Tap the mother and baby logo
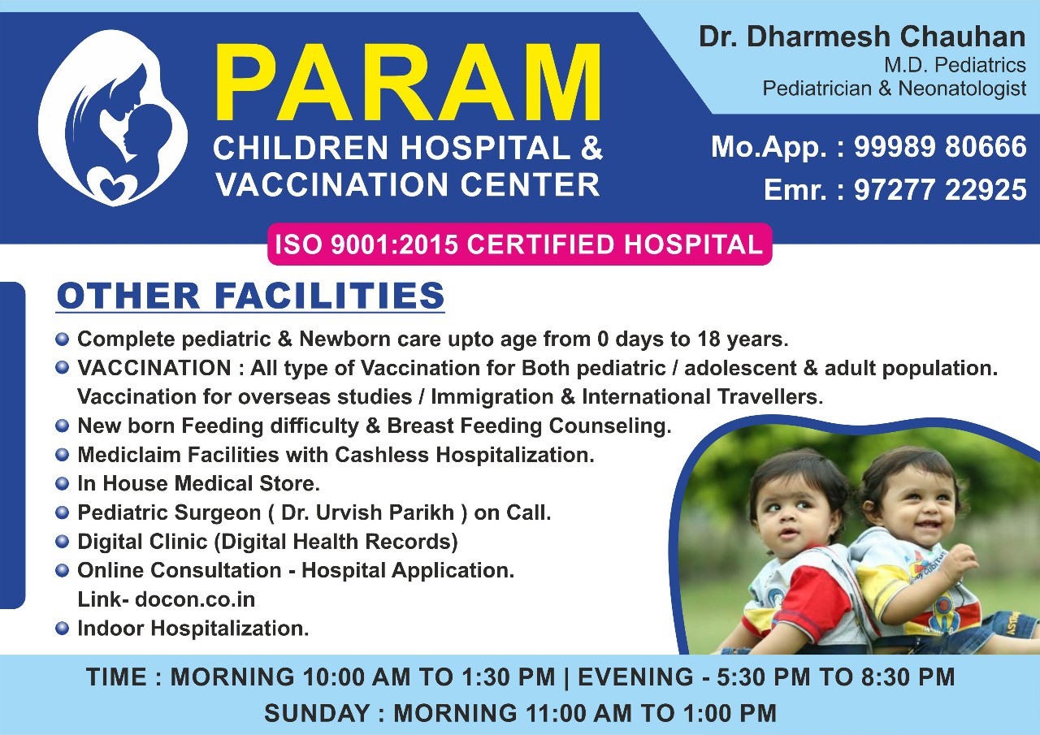[x=113, y=118]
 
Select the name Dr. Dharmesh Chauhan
[x=862, y=37]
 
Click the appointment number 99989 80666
[x=940, y=147]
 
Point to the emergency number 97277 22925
[x=940, y=190]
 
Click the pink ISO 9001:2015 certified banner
[x=519, y=244]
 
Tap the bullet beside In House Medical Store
[x=62, y=484]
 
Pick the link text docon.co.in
[x=195, y=599]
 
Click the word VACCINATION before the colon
[x=154, y=368]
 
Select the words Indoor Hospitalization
[x=193, y=629]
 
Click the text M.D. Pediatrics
[x=955, y=65]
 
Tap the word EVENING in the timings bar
[x=635, y=677]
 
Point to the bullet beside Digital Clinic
[x=62, y=542]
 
